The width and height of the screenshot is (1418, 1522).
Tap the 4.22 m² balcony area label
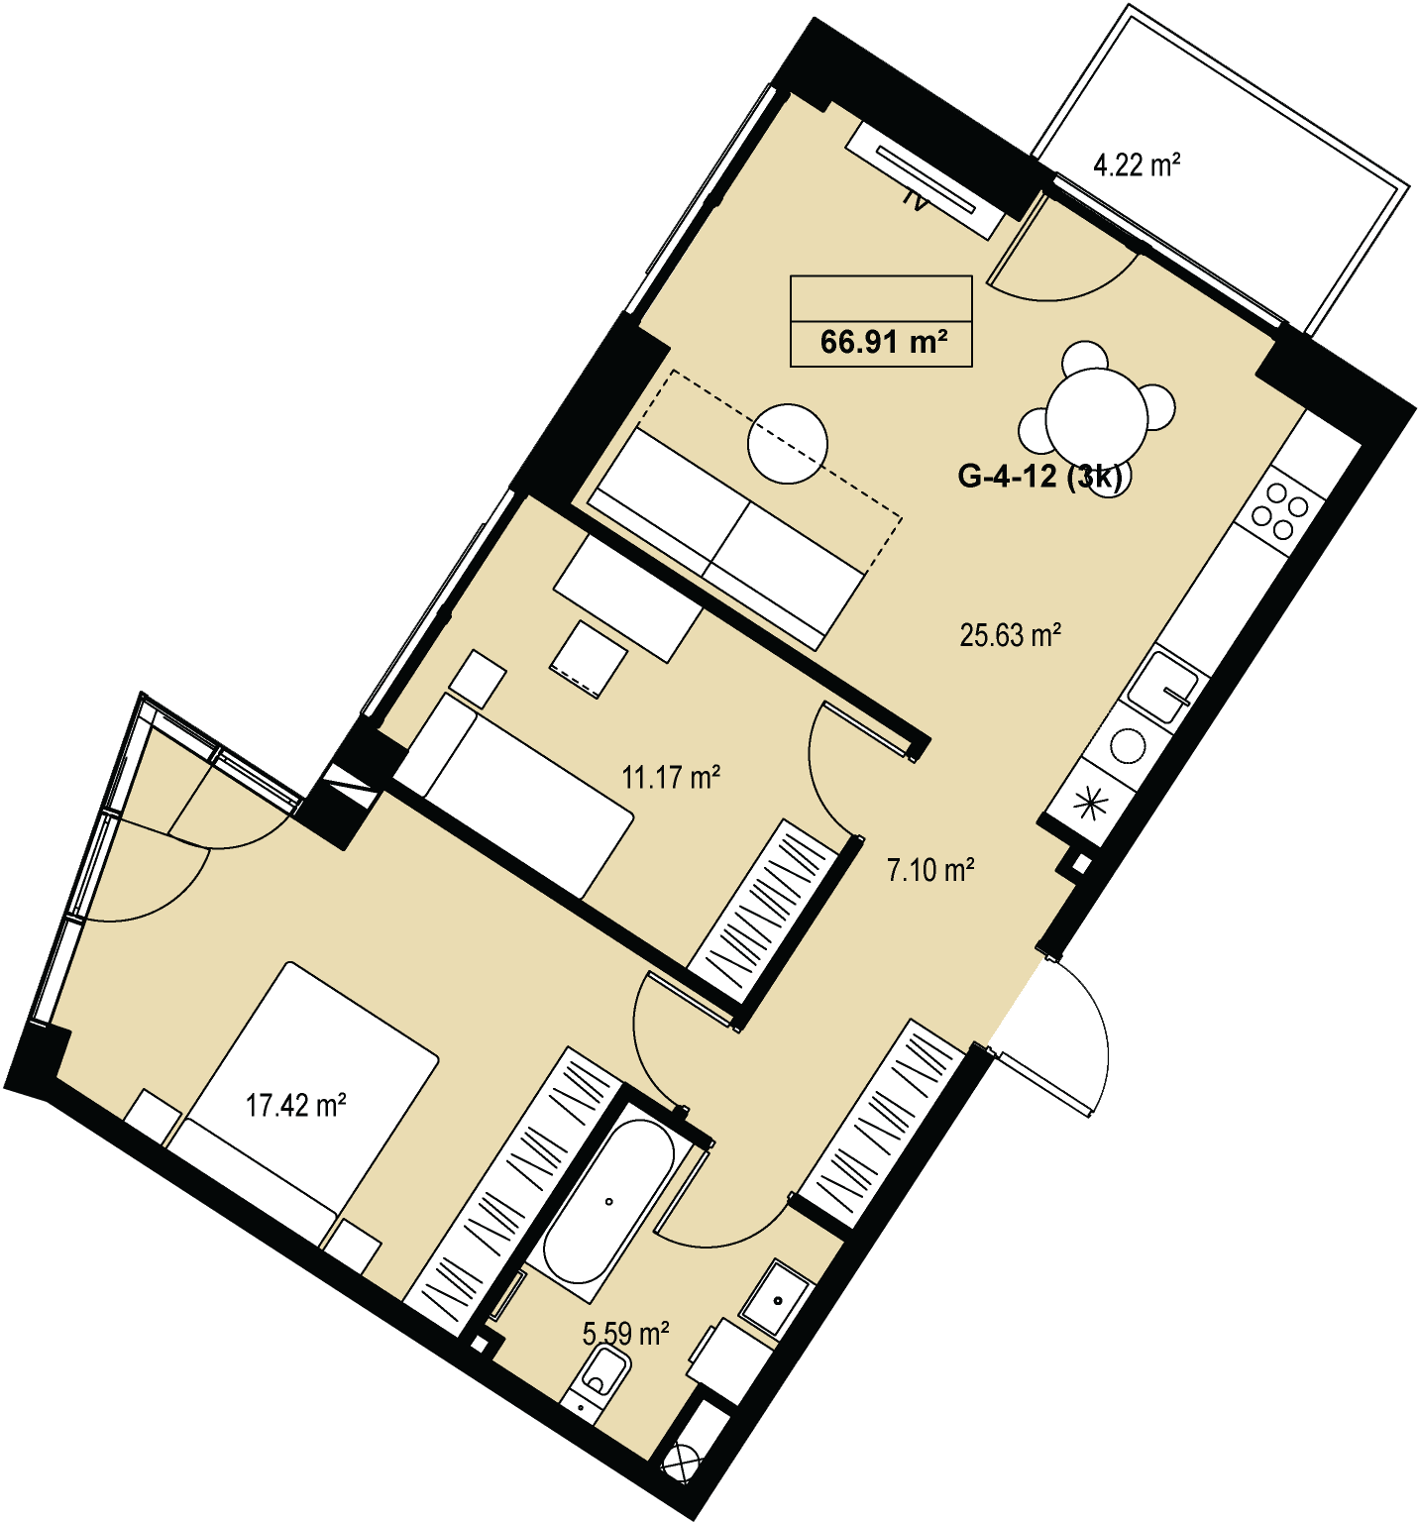(x=1137, y=163)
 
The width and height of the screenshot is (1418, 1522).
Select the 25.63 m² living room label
(x=1011, y=634)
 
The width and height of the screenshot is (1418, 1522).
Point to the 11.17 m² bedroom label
(x=671, y=777)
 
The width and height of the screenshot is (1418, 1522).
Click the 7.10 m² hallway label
(x=930, y=870)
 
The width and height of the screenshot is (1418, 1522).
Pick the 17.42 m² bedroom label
(x=295, y=1104)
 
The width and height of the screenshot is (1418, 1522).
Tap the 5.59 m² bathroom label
(x=625, y=1334)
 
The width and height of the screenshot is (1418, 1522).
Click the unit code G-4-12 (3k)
(x=1044, y=477)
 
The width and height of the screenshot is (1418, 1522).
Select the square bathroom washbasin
(x=780, y=1298)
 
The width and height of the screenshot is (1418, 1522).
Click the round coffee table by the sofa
(x=788, y=444)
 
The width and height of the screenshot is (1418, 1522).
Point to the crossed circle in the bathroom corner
(x=684, y=1462)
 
